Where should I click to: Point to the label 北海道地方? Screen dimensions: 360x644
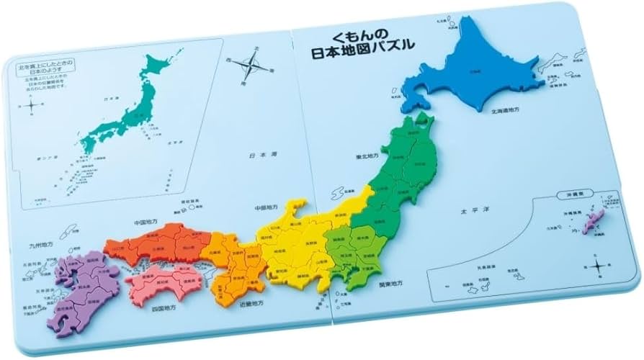[x=508, y=112]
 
